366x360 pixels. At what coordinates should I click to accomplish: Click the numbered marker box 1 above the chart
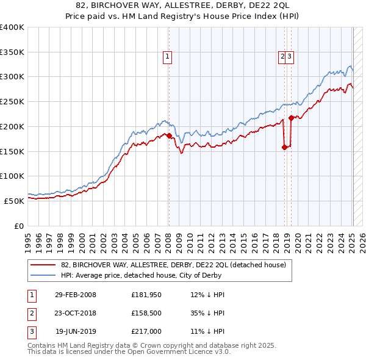coord(167,57)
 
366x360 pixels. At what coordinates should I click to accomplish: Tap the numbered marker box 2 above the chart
coord(282,57)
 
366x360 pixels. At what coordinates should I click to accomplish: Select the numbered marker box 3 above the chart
coord(290,57)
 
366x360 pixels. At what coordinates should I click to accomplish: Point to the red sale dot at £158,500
coord(284,146)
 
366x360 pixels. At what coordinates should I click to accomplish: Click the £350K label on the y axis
coord(12,52)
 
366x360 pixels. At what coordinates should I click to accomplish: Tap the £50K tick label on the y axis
coord(14,201)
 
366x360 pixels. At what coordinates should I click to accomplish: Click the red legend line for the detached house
coord(43,265)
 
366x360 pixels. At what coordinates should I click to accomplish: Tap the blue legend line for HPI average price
coord(43,275)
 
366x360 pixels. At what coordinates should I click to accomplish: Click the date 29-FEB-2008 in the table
coord(75,295)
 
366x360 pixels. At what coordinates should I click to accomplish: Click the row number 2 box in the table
coord(30,314)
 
